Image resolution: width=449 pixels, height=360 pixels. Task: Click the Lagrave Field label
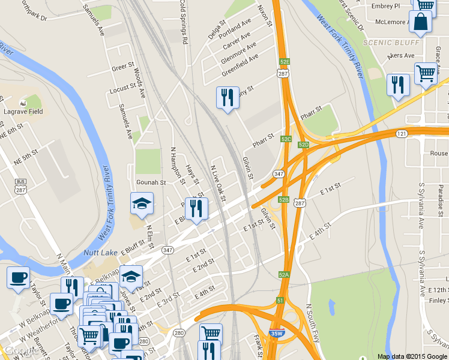click(x=20, y=112)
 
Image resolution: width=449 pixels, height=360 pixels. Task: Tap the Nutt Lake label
click(x=100, y=253)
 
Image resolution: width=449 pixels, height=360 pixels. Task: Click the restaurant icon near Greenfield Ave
click(x=228, y=98)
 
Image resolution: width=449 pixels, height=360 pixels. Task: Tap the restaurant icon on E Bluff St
click(x=196, y=209)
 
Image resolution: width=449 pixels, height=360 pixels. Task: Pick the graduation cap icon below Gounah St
click(x=142, y=204)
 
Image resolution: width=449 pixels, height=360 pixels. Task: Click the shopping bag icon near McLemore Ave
click(x=420, y=23)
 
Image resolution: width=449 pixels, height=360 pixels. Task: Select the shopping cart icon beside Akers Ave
click(x=426, y=74)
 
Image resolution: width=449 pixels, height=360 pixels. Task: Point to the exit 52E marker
click(x=285, y=61)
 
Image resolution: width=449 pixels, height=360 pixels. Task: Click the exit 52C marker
click(x=286, y=139)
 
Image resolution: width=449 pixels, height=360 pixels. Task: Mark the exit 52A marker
click(x=284, y=274)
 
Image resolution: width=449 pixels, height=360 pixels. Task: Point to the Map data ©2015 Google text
click(x=412, y=356)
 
